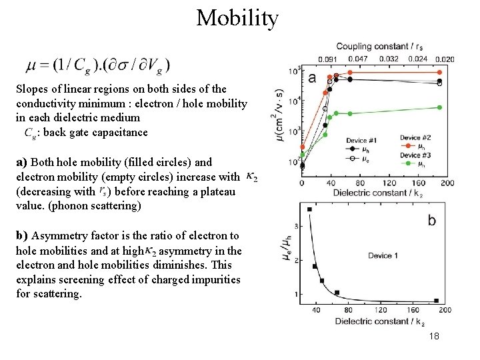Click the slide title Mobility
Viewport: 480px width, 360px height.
(x=237, y=18)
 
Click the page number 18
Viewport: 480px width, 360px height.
(x=434, y=337)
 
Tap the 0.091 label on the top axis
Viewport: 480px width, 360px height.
(x=327, y=59)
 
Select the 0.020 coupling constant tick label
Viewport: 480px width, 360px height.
(x=445, y=59)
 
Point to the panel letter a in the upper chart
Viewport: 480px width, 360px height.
(x=312, y=78)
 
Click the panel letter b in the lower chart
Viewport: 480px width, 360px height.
(x=431, y=221)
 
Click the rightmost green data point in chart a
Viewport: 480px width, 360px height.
(x=439, y=107)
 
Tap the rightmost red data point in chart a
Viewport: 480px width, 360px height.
(x=439, y=72)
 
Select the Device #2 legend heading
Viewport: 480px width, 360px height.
(x=415, y=138)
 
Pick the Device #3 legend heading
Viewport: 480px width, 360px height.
(x=415, y=155)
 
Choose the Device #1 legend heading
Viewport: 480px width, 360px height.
(x=362, y=141)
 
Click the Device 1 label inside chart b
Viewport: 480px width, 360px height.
(x=384, y=256)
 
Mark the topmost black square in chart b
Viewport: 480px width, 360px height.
(x=309, y=209)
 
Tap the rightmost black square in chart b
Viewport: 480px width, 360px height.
(x=437, y=301)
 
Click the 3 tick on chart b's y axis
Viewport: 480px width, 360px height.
(x=295, y=227)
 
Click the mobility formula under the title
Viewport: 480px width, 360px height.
(x=98, y=65)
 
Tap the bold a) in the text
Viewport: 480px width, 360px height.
(x=22, y=162)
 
